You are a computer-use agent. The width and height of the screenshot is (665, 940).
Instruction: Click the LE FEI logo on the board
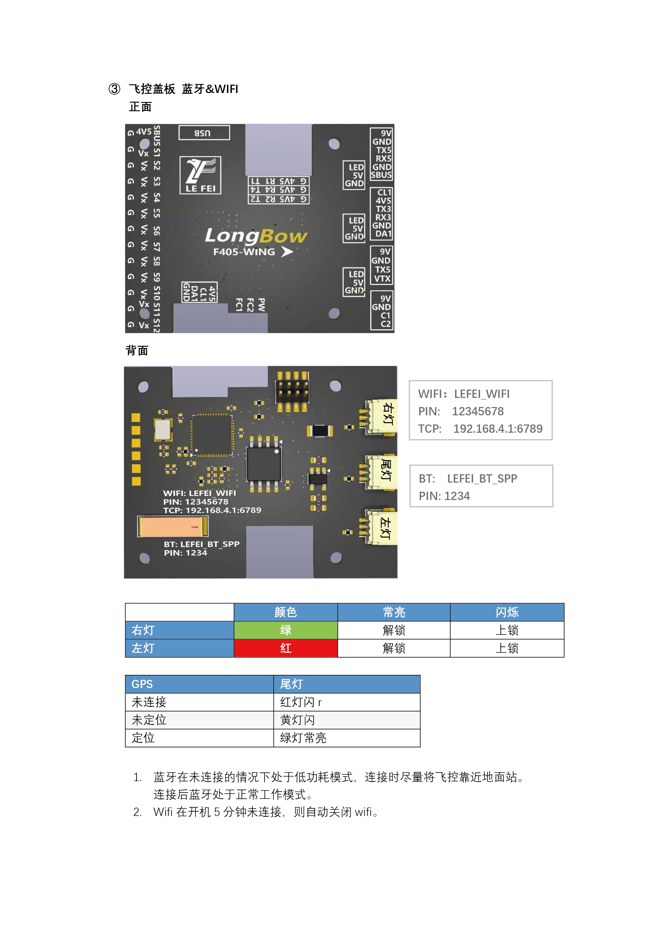(200, 175)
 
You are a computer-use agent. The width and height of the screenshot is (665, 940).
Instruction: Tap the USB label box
(204, 133)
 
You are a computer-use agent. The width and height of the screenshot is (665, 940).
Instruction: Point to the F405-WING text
(244, 252)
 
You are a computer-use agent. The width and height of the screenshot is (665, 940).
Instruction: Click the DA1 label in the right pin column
(383, 234)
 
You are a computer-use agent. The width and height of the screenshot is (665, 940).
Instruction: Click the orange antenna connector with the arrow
(173, 527)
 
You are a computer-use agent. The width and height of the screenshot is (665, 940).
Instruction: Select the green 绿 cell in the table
(285, 630)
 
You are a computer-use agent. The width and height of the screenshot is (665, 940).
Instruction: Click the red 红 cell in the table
(285, 648)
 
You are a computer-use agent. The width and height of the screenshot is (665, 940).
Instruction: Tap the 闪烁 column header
(507, 612)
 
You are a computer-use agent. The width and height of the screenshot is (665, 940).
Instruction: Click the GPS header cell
(199, 684)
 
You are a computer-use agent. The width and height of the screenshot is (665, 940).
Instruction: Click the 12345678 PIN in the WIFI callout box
(477, 412)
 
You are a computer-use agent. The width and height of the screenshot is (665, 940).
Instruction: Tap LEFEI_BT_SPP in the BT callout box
(482, 479)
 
